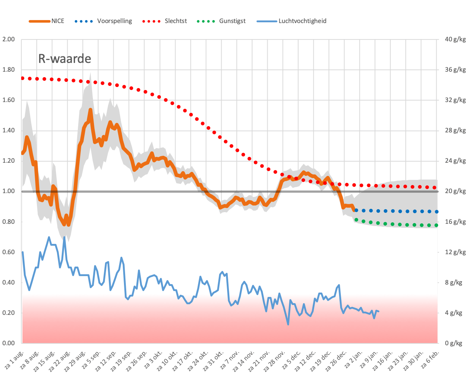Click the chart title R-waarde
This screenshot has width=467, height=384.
point(65,59)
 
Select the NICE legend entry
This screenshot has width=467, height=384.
point(46,21)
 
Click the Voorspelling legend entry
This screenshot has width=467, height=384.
point(103,21)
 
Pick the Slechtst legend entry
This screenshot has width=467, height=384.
point(165,21)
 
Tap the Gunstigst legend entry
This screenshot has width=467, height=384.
point(221,21)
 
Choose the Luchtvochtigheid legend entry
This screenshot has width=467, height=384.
point(291,21)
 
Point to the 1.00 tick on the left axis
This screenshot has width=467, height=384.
point(8,191)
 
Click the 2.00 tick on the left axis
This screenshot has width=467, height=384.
point(8,39)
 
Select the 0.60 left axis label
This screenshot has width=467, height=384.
point(8,252)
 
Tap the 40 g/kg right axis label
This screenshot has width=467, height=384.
point(455,39)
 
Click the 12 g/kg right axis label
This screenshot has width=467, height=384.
point(455,252)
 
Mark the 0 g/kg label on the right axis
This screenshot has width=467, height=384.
point(453,343)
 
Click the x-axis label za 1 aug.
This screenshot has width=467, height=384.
point(14,360)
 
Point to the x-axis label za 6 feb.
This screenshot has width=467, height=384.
point(430,360)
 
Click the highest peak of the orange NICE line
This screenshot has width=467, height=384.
point(90,109)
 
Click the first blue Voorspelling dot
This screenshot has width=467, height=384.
point(356,210)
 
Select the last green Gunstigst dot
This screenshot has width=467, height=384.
point(436,225)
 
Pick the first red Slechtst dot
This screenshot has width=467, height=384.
point(23,78)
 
